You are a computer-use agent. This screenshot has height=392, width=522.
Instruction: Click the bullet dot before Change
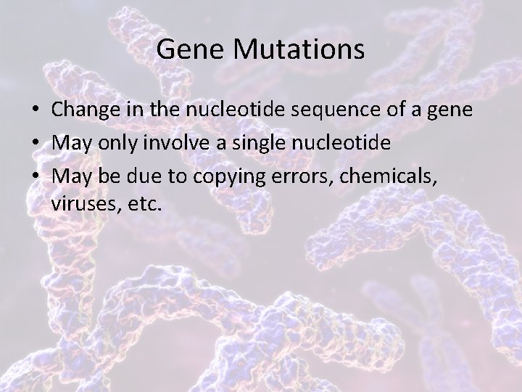pos(36,110)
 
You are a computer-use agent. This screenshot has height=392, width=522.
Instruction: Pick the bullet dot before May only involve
pos(36,143)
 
